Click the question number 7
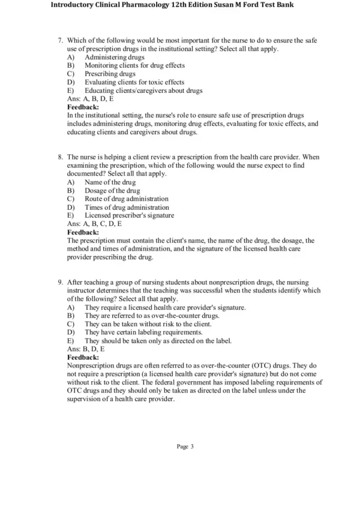tap(60, 40)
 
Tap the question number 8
tap(60, 156)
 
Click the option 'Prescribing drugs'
tap(110, 74)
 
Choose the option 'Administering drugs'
tap(114, 57)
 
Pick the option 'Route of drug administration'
tap(126, 198)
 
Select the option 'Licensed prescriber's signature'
tap(130, 215)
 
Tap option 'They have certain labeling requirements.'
tap(143, 332)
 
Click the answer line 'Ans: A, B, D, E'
tap(90, 99)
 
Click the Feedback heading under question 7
tap(83, 107)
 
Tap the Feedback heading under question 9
tap(83, 356)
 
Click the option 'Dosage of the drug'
tap(112, 190)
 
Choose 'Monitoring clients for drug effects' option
tap(134, 65)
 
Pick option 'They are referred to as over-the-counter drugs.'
tap(152, 315)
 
